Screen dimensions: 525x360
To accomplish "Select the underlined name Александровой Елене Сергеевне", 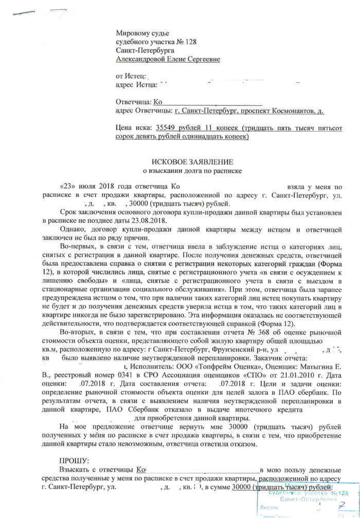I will coord(168,60).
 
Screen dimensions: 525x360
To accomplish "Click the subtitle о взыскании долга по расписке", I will coord(192,170).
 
